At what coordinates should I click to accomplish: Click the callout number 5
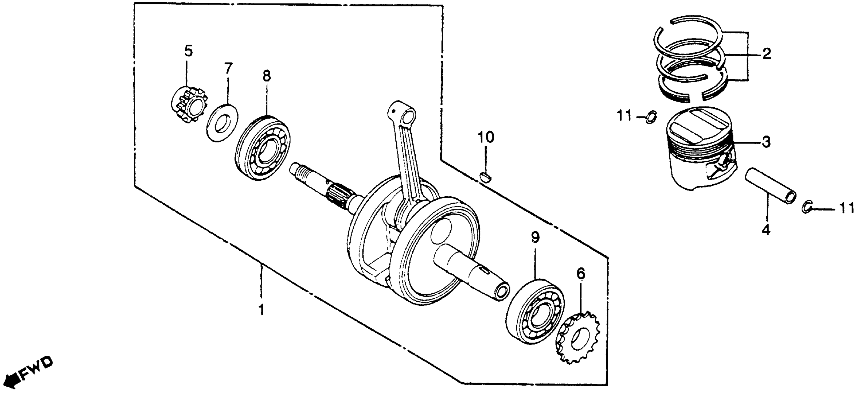pyautogui.click(x=188, y=51)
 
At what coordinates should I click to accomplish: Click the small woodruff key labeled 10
pyautogui.click(x=485, y=177)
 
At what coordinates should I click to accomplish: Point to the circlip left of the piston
pyautogui.click(x=651, y=117)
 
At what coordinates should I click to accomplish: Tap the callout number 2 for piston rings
pyautogui.click(x=767, y=53)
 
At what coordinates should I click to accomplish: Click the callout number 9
pyautogui.click(x=535, y=238)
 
